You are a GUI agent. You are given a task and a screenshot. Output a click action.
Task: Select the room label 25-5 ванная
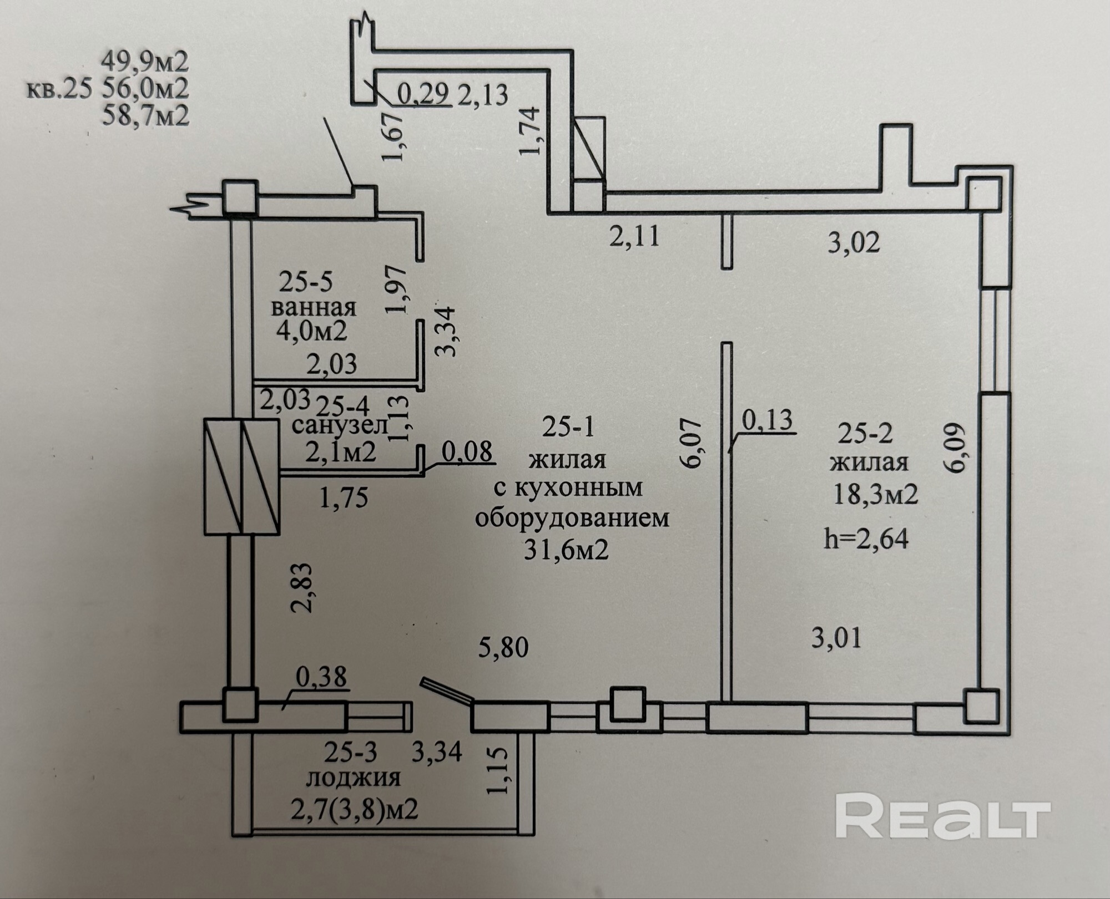314,294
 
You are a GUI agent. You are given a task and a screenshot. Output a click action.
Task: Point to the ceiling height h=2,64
866,539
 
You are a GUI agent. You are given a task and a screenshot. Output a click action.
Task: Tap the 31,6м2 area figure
566,550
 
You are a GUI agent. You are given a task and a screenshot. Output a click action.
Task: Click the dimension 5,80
503,647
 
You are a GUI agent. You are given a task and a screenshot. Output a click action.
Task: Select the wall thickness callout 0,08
467,452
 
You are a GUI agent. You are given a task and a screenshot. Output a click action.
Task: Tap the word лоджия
354,778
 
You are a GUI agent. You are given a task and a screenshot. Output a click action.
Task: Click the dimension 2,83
304,587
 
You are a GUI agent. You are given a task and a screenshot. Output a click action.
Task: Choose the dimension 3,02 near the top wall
854,243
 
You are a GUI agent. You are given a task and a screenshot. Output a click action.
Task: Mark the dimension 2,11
634,237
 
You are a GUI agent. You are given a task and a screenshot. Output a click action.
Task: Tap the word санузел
340,426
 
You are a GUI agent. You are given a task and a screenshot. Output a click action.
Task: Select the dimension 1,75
344,497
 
